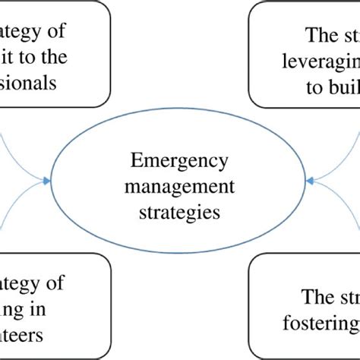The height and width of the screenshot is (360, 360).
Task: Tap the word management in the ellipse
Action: (x=179, y=187)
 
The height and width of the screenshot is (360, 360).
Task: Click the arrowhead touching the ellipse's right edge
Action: (x=311, y=181)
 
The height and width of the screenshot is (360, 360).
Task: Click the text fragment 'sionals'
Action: (x=29, y=82)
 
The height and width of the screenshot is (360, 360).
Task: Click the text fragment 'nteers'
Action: (x=23, y=334)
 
